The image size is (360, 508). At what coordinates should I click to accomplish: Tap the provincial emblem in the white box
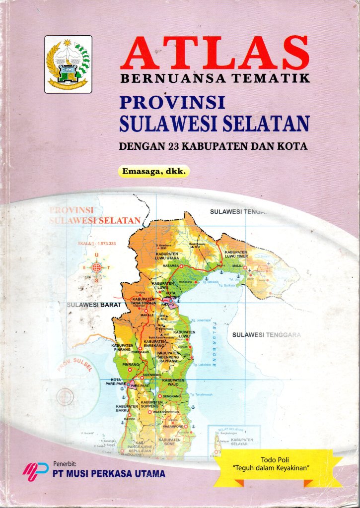click(68, 64)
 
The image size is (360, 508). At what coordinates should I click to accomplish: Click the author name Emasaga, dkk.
click(154, 172)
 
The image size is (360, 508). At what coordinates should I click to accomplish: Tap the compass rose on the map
click(96, 267)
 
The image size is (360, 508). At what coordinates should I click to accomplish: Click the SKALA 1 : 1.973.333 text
click(96, 244)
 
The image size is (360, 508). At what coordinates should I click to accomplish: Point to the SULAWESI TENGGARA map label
click(267, 335)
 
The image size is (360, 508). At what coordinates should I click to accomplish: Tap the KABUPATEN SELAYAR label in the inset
click(242, 442)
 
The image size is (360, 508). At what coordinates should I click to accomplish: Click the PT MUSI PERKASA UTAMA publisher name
click(109, 474)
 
